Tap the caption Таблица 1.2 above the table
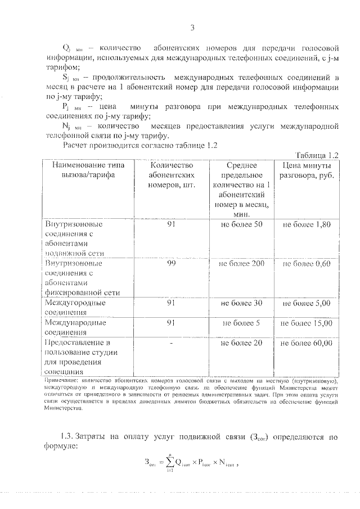[x=316, y=155]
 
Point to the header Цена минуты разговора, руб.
[x=307, y=170]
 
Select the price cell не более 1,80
[x=307, y=224]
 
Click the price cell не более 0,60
[x=307, y=263]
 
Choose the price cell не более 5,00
[x=307, y=303]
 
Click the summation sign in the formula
[x=166, y=463]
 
